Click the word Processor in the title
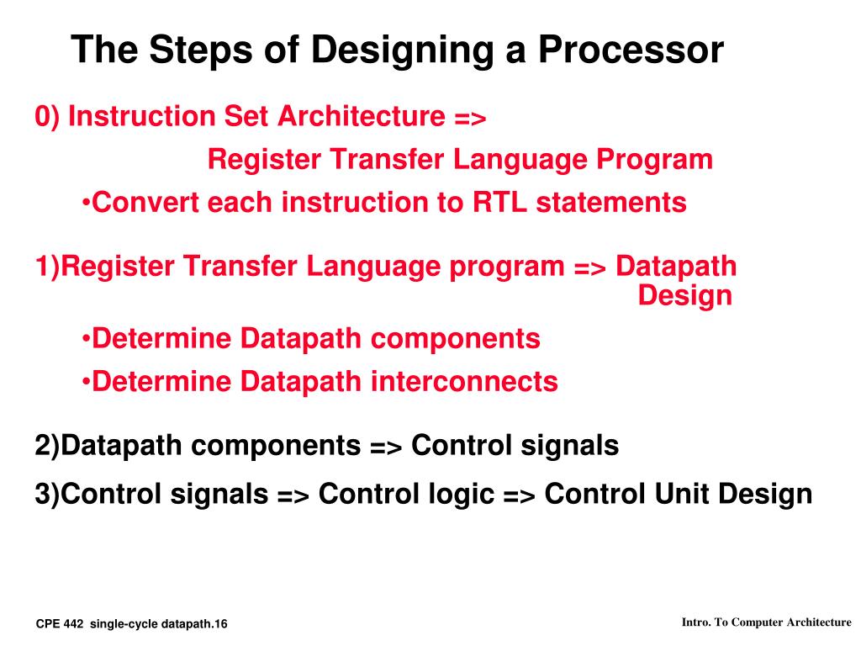630,50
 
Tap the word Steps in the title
192,50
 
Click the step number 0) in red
47,117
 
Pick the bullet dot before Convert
87,203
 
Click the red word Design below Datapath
685,296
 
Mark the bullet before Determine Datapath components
87,339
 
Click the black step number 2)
47,446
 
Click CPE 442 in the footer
60,623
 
